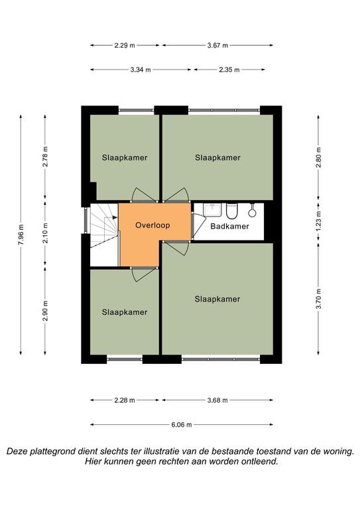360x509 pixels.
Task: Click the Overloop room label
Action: coord(152,225)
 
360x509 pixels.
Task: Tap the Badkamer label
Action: coord(229,226)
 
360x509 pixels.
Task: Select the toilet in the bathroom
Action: coord(232,211)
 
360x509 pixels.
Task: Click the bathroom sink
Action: coord(212,209)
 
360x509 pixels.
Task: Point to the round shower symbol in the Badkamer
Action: coord(252,213)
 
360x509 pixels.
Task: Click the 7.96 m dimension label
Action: coord(21,235)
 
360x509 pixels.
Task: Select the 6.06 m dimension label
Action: coord(182,425)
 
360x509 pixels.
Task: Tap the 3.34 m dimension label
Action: coord(141,70)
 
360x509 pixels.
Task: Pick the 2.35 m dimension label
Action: coord(229,70)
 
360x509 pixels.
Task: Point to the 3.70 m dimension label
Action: coord(318,299)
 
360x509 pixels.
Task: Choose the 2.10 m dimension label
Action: coord(45,233)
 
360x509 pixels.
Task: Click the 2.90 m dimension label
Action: coord(45,311)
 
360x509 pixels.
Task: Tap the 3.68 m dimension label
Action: coord(217,400)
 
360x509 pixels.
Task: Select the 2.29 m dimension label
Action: coord(125,46)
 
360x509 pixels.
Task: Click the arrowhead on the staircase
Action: coord(115,217)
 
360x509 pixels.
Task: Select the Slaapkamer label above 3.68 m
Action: coord(217,299)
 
